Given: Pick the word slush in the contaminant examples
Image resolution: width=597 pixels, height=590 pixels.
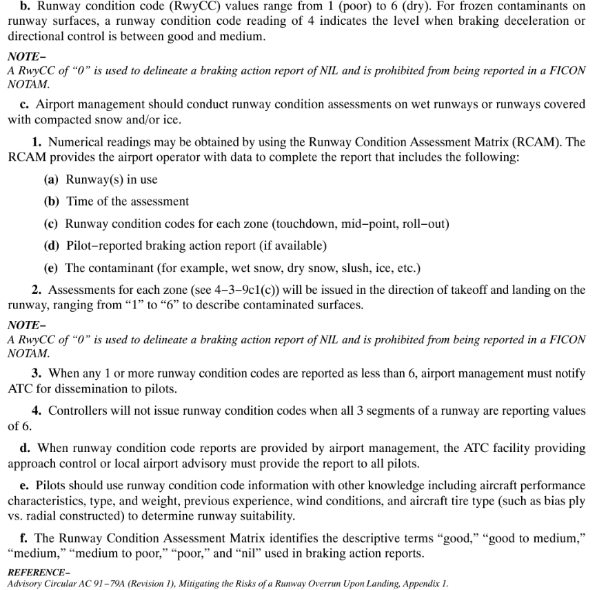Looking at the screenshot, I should click(345, 267).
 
